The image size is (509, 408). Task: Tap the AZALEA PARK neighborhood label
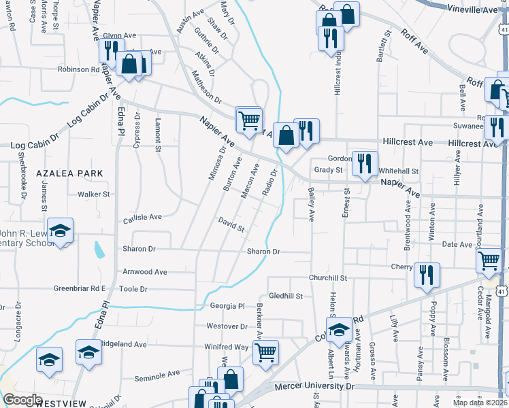coord(71,173)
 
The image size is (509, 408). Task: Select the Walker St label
coord(94,194)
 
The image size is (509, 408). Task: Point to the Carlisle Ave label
coord(142,218)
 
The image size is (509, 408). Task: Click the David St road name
coord(231,224)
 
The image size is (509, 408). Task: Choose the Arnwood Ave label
coord(144,272)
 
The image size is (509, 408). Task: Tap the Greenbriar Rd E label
coord(80,288)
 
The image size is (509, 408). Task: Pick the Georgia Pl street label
coord(227,307)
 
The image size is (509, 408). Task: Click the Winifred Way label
coord(227,347)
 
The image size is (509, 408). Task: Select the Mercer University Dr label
coord(315,386)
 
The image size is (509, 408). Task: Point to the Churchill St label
coord(328,277)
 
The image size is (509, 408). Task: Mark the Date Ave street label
coord(457,244)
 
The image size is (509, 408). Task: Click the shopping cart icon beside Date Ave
coord(490,260)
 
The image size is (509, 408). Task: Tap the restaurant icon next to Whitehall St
coord(365,163)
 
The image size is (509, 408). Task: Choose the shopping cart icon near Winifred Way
coord(265,352)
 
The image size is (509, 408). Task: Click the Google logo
coord(22,400)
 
